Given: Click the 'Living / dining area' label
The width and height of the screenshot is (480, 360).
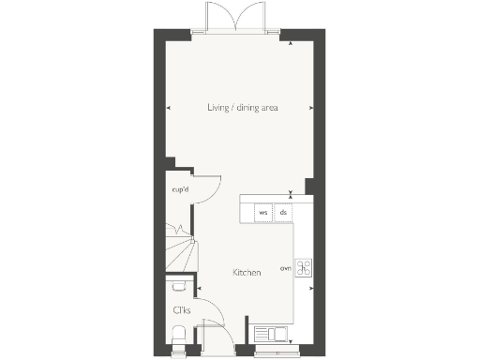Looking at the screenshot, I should pyautogui.click(x=243, y=108).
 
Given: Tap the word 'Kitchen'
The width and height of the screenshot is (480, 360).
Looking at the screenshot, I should pyautogui.click(x=247, y=273).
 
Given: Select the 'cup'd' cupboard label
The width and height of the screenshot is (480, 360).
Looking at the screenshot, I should pyautogui.click(x=180, y=189).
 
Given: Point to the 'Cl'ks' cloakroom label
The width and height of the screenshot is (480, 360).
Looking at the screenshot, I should pyautogui.click(x=181, y=308).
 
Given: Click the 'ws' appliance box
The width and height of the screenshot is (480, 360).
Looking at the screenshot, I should pyautogui.click(x=263, y=213).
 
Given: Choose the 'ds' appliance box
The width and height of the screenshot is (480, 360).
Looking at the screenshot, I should pyautogui.click(x=283, y=213).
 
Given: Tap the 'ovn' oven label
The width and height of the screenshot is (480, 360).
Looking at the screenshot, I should pyautogui.click(x=285, y=268).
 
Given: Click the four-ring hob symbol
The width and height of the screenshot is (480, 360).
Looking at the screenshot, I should pyautogui.click(x=304, y=267).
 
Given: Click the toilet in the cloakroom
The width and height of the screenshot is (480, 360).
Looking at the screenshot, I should pyautogui.click(x=178, y=333).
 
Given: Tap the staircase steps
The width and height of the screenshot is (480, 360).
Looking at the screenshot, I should pyautogui.click(x=181, y=251).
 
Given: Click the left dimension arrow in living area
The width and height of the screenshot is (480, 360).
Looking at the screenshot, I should pyautogui.click(x=169, y=109).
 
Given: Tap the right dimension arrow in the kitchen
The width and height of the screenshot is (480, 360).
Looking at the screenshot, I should pyautogui.click(x=313, y=273).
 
